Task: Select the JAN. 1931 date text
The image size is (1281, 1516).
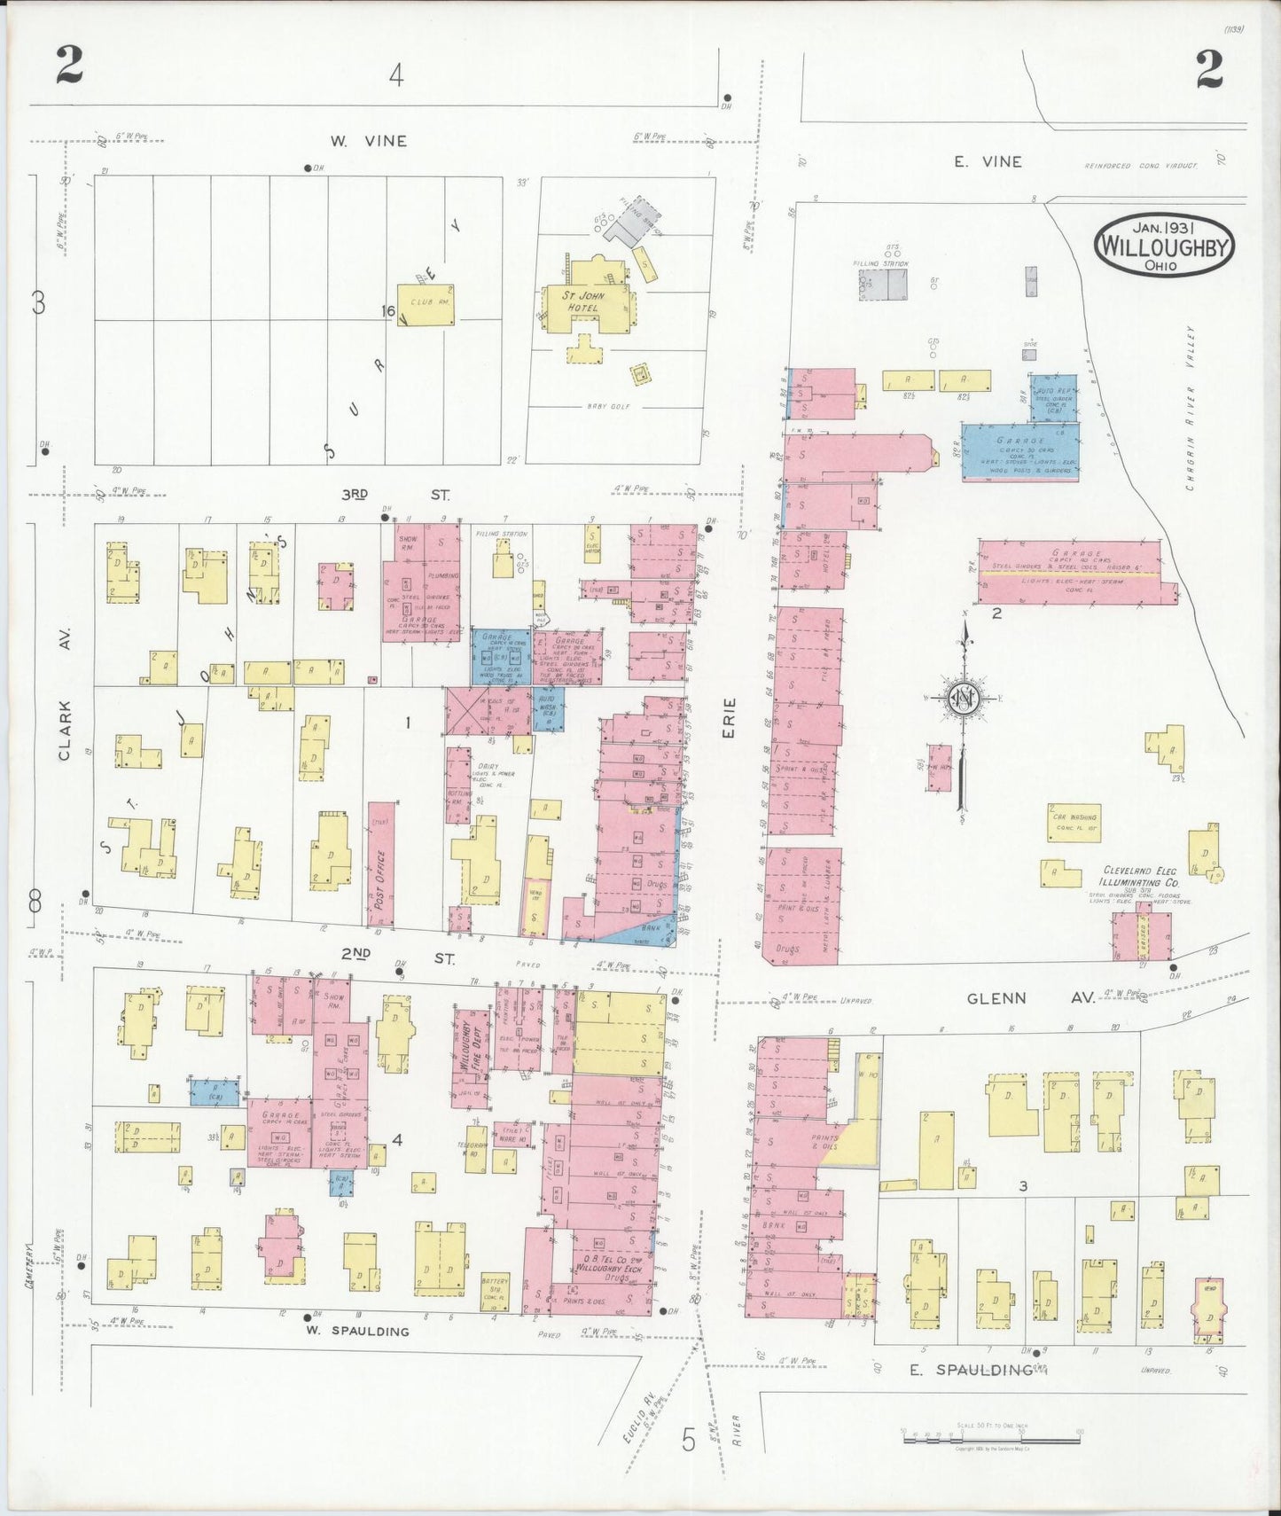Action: (1163, 226)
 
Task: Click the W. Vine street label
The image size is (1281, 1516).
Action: (368, 141)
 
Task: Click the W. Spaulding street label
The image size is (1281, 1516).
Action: (357, 1331)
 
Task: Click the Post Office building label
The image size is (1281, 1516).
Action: (380, 877)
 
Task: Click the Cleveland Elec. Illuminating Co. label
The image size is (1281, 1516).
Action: (1152, 877)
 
